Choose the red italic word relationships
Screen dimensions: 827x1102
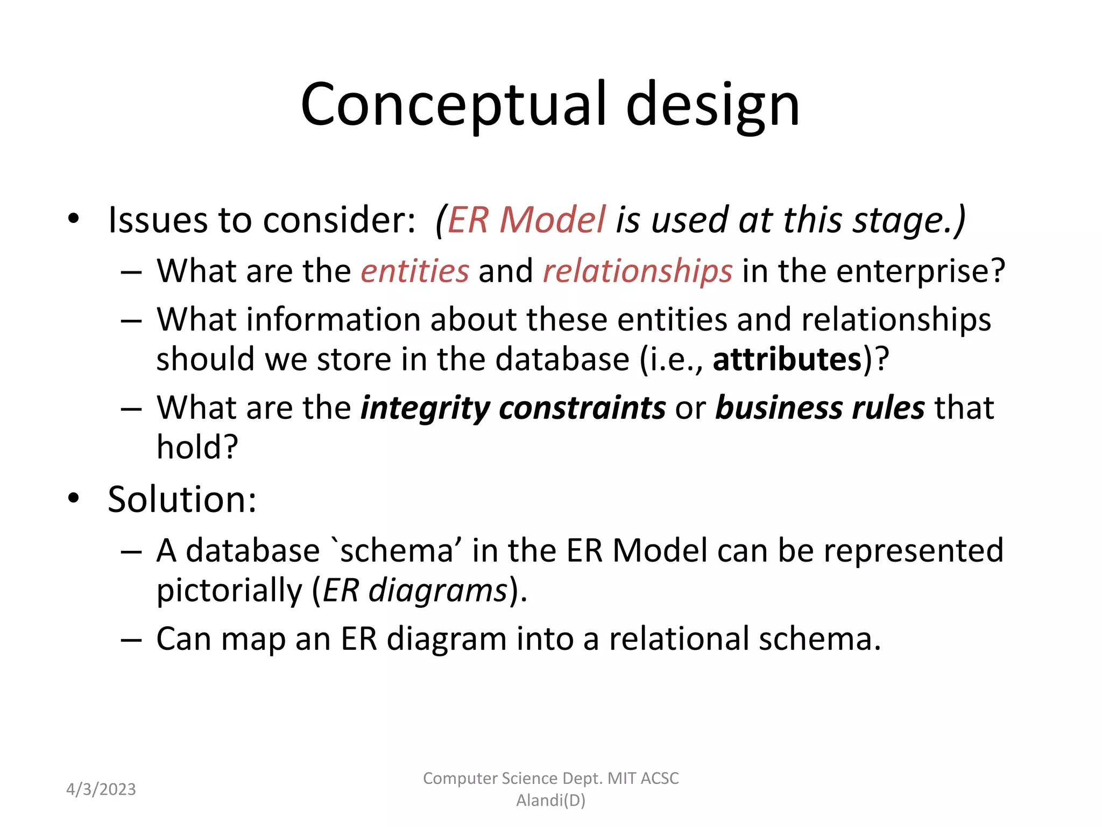coord(637,271)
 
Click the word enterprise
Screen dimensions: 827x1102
coord(920,271)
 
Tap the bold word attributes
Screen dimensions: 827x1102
coord(787,359)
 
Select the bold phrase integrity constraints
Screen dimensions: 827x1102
coord(513,408)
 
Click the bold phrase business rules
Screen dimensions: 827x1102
coord(820,408)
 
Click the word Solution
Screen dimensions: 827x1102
coord(182,499)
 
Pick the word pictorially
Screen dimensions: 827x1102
coord(229,591)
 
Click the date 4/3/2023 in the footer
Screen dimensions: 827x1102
coord(101,789)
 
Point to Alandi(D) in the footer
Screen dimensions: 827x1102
coord(550,801)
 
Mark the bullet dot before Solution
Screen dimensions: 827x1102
coord(74,498)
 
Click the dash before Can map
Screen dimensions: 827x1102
coord(131,640)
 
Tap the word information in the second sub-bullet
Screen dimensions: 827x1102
coord(333,320)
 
